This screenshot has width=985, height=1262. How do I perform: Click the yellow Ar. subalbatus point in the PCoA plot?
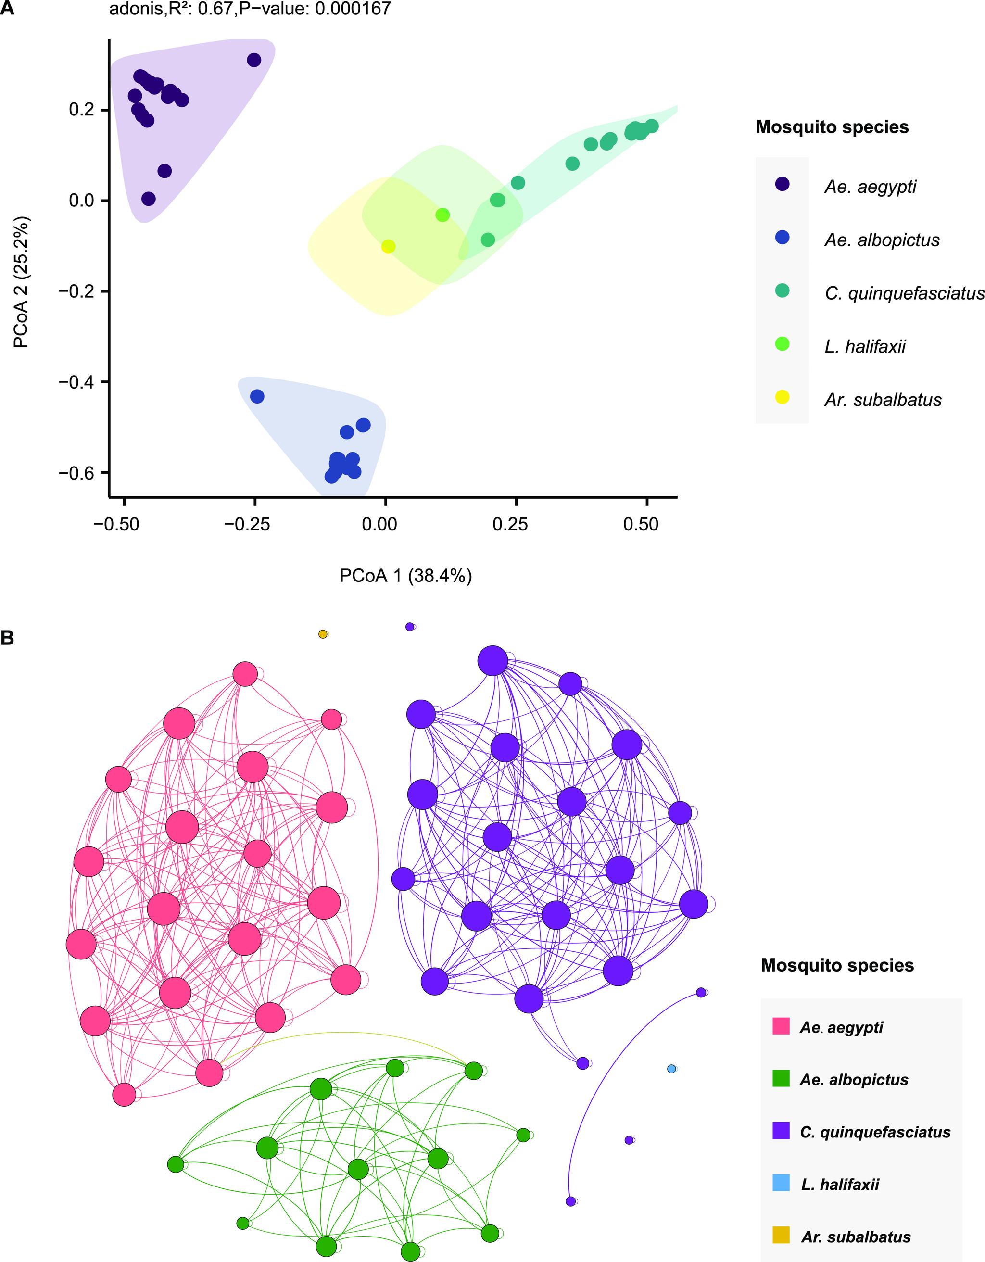388,247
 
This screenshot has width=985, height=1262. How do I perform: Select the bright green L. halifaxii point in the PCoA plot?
442,215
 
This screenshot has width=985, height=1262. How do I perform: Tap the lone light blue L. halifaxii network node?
671,1069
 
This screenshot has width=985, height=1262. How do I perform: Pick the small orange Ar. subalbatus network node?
323,634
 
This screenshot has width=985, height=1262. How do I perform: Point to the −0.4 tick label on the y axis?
80,382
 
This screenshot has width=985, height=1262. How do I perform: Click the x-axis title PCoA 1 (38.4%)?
405,576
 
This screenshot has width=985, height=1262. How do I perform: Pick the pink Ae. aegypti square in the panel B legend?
781,1026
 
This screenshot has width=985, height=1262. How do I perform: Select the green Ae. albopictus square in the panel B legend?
781,1078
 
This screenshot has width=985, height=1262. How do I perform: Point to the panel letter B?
8,638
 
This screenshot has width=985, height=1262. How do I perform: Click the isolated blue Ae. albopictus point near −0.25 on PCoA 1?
257,396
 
